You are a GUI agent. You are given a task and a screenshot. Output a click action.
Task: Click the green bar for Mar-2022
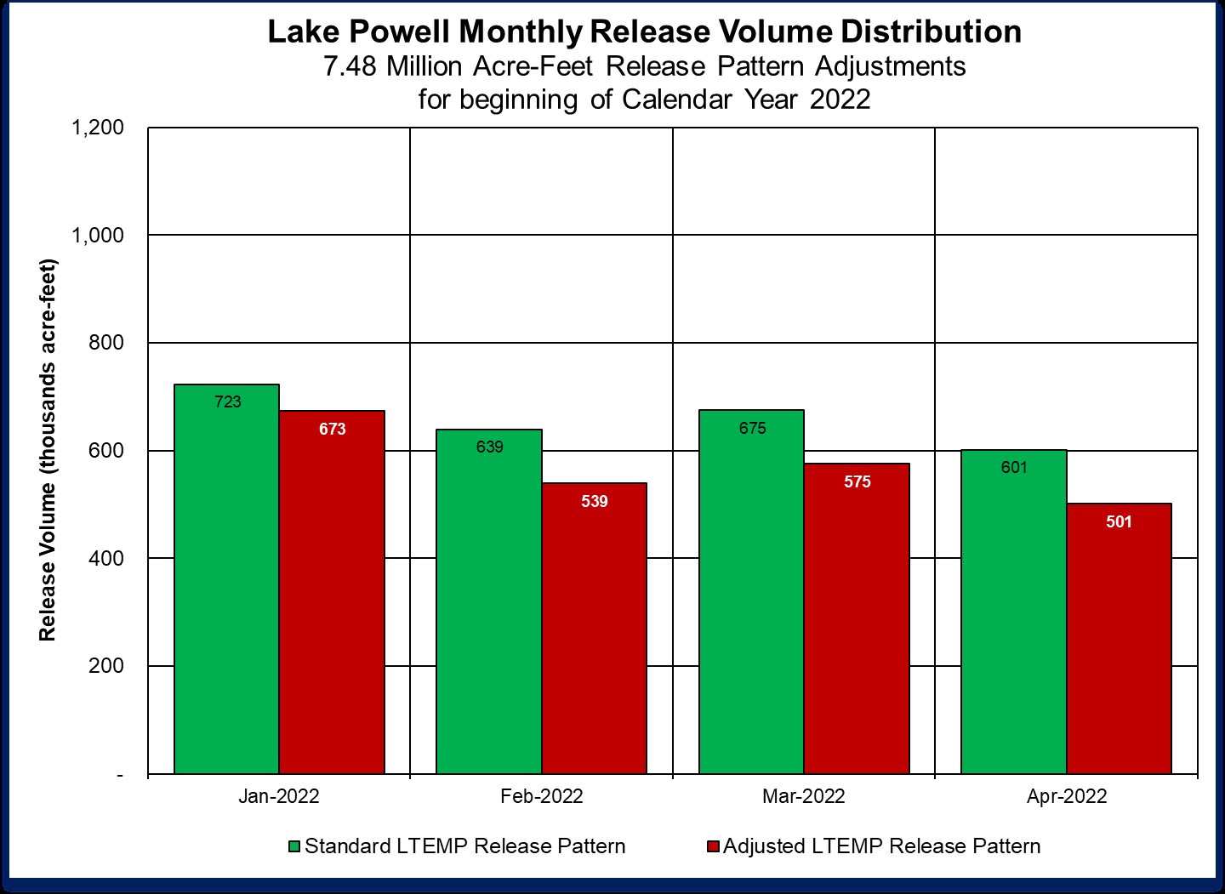tap(751, 595)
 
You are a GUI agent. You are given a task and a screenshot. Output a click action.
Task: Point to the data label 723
tap(227, 402)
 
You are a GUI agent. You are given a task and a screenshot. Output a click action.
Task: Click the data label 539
tap(595, 502)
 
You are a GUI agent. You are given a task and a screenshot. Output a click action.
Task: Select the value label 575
tap(857, 482)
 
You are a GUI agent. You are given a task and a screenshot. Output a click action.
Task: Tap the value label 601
tap(1014, 468)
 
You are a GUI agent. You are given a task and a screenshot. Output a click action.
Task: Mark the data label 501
tap(1119, 522)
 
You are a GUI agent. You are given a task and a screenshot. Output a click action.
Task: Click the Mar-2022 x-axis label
tap(804, 797)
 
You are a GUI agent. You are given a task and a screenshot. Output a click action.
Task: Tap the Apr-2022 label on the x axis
tap(1067, 797)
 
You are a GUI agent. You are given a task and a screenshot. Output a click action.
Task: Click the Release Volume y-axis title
tap(48, 448)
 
